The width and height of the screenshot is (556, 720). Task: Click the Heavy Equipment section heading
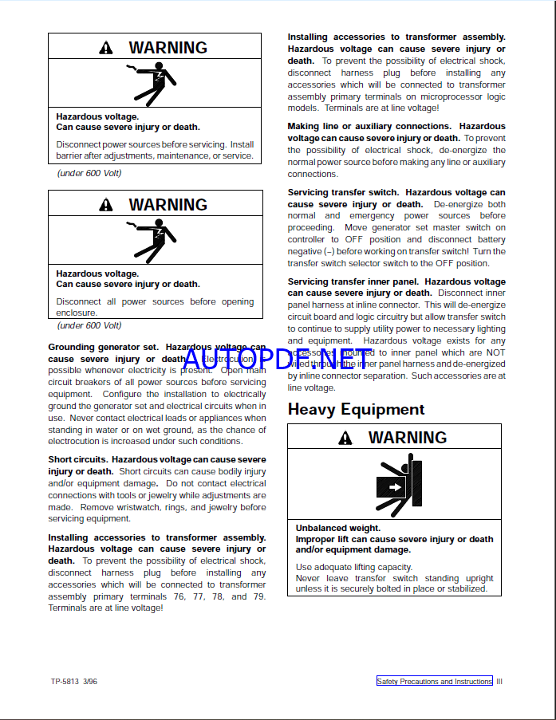[x=356, y=409]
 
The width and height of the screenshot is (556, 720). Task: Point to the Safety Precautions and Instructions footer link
[x=435, y=682]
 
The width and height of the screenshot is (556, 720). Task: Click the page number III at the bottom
[x=499, y=682]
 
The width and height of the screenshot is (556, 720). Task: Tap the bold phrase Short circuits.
[x=77, y=459]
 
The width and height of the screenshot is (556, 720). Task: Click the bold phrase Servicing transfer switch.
[x=344, y=192]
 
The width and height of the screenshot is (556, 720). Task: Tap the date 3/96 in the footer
[x=90, y=682]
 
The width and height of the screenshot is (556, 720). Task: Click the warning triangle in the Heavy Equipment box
[x=345, y=438]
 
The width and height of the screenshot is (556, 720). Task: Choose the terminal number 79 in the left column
[x=259, y=596]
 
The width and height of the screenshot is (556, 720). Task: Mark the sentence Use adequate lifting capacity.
[x=344, y=568]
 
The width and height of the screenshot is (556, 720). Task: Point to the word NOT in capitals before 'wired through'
[x=496, y=352]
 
